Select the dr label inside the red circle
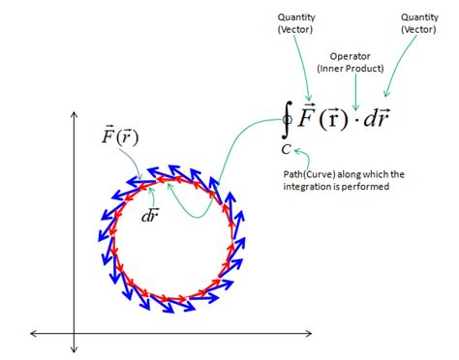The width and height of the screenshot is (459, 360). point(151,215)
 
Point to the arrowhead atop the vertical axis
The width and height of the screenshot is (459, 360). point(74,116)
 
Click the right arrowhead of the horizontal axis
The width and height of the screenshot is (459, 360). point(311,334)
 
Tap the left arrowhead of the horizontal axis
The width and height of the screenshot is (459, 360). point(35,334)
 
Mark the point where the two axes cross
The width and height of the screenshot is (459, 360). point(74,334)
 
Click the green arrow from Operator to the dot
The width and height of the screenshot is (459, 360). point(354,92)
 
